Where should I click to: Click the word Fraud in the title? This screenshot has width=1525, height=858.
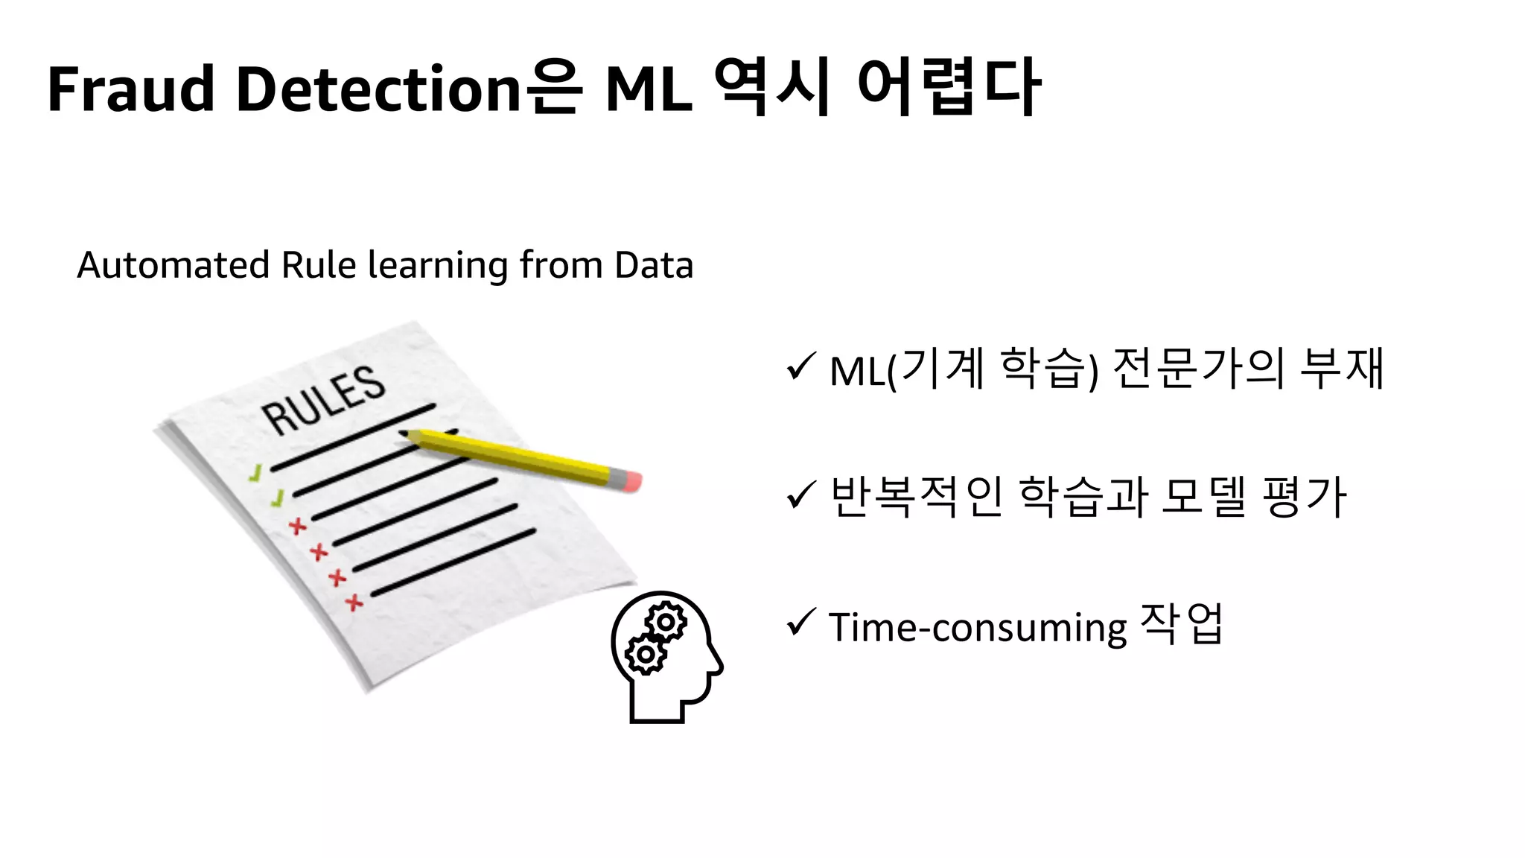point(131,89)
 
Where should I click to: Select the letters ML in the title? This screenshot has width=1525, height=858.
point(649,89)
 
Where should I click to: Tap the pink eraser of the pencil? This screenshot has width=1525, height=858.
point(630,480)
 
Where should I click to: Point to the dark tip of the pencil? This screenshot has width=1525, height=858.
point(404,433)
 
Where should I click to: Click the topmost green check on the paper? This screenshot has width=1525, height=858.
point(256,473)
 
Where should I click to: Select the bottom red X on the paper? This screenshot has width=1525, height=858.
point(354,602)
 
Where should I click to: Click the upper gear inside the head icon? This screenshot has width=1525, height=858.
point(666,621)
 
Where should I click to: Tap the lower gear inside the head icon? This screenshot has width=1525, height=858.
point(645,655)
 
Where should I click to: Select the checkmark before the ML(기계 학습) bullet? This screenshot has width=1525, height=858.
point(800,366)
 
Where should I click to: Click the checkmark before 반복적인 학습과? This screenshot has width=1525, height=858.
point(800,495)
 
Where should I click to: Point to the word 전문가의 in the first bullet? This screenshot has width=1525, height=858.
point(1198,368)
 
